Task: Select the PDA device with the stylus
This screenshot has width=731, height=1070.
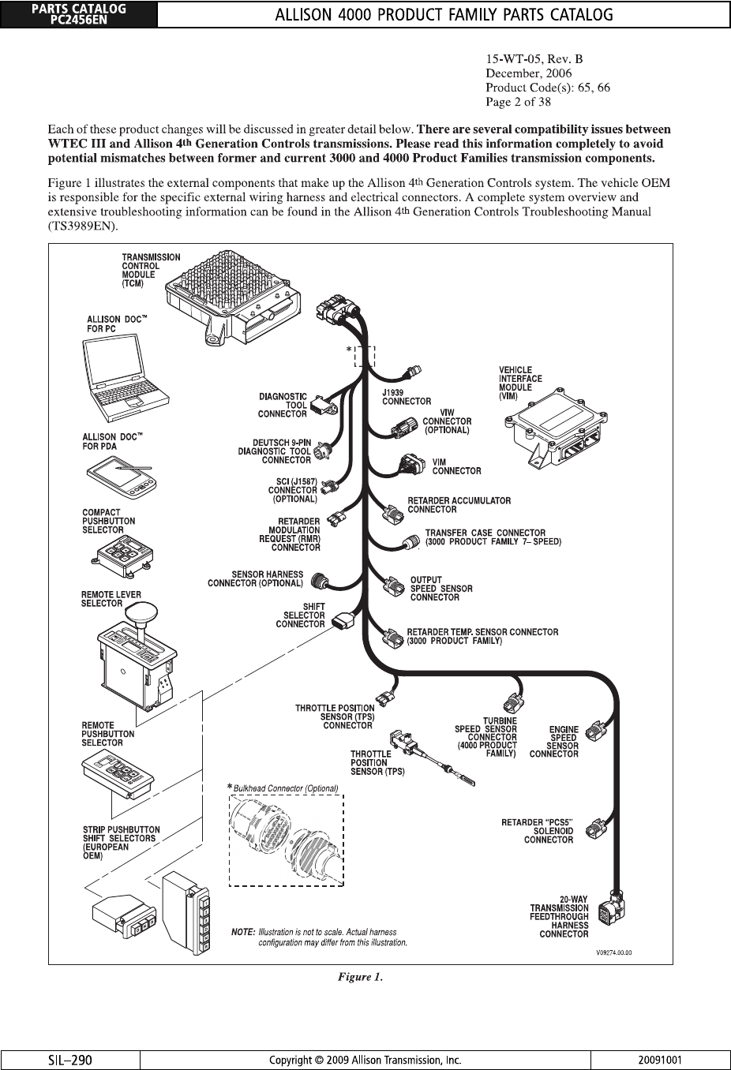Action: tap(122, 475)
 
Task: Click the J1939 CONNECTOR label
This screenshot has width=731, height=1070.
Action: tap(406, 397)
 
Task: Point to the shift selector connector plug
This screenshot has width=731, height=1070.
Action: tap(345, 621)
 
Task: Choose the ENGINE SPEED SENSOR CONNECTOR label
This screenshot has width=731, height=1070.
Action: tap(554, 742)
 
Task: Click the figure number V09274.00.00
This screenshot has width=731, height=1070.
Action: tap(614, 952)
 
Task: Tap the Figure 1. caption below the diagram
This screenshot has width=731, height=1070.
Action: tap(361, 977)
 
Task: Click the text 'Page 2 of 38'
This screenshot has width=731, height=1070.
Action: tap(519, 102)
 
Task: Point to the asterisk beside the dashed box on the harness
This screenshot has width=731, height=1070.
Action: tap(349, 350)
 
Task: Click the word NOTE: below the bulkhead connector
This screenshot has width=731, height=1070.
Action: tap(243, 932)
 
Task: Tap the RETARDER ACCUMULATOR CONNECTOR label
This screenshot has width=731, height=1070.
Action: tap(459, 505)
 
